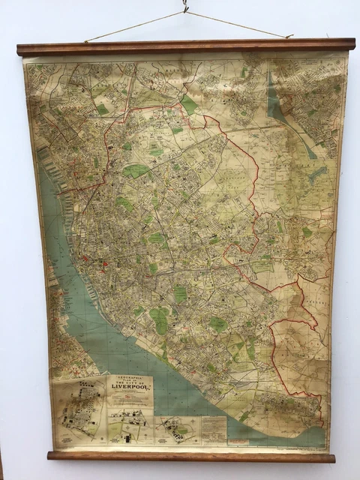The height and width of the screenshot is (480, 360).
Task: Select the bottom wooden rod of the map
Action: point(191,456)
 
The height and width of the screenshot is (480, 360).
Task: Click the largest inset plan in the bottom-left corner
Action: point(79,409)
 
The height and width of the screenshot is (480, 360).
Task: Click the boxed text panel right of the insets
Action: point(214,428)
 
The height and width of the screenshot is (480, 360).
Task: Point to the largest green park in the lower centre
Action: point(159,320)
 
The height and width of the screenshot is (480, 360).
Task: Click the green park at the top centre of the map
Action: point(189,105)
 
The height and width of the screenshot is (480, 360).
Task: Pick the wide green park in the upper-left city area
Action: point(136,171)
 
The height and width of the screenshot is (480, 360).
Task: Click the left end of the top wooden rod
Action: point(22,50)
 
